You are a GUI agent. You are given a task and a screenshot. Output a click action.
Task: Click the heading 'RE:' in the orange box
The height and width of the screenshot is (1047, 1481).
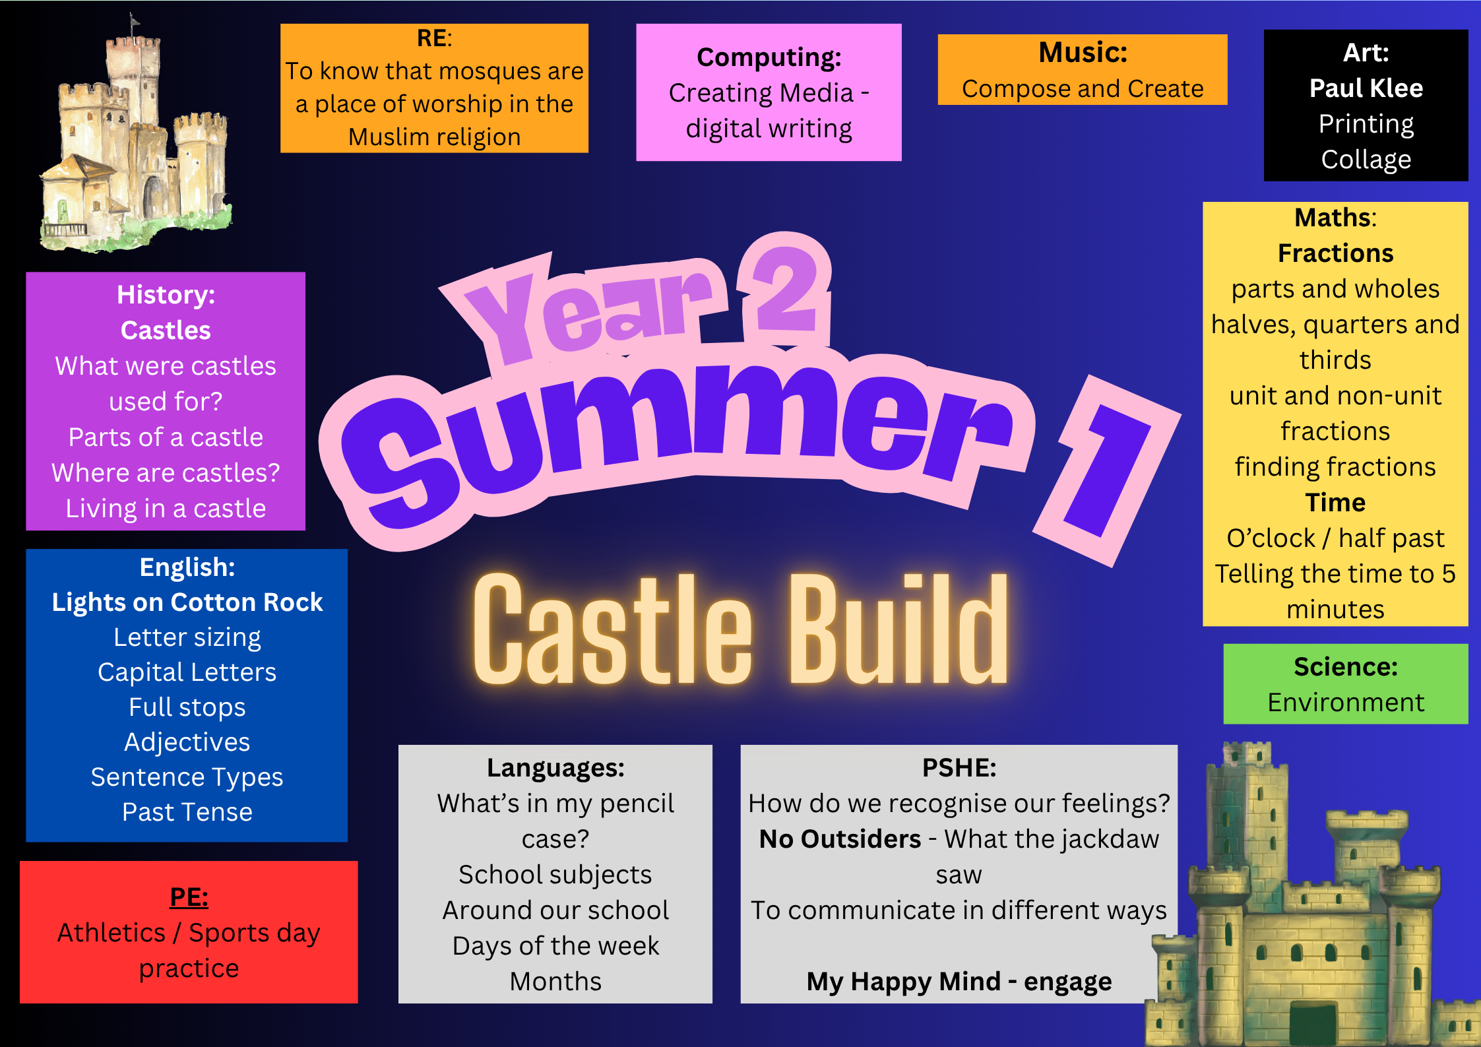pos(434,38)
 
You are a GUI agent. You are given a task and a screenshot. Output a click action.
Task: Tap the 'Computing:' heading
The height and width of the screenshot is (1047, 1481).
pos(769,58)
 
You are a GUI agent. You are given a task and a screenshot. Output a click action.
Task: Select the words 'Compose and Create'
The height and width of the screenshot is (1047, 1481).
pos(1083,89)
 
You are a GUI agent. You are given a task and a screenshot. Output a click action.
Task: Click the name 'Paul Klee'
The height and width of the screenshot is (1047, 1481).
pos(1366,88)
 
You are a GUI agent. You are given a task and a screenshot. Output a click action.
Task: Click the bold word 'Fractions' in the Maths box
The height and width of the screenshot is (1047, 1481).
pos(1335,253)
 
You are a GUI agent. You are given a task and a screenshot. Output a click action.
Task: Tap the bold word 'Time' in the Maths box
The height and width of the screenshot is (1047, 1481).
pos(1335,503)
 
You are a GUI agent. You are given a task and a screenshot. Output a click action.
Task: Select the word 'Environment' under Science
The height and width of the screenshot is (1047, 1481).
pos(1346,703)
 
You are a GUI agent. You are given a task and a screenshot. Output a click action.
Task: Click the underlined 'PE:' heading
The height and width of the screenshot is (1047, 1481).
pos(189,897)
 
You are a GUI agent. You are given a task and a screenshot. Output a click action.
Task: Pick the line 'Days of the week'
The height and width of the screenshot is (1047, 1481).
pos(555,946)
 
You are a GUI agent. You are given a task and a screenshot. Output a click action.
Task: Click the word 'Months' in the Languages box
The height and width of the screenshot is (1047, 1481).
pos(555,982)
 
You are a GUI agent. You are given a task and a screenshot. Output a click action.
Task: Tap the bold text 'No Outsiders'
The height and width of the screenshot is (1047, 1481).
pos(840,839)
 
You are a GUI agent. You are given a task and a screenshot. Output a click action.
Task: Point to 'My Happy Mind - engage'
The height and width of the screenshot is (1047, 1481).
pos(959,982)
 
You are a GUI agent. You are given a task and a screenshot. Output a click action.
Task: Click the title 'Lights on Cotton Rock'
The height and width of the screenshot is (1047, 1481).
pos(187,602)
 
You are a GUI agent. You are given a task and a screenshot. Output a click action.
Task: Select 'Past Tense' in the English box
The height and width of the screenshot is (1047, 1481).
pos(187,812)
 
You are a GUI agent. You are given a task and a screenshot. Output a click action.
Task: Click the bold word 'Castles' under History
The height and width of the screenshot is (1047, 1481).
pos(166,331)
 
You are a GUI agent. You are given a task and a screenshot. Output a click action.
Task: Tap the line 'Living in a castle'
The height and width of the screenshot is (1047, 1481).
pos(166,509)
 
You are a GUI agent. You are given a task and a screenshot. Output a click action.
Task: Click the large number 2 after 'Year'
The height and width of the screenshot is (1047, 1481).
pos(785,290)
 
